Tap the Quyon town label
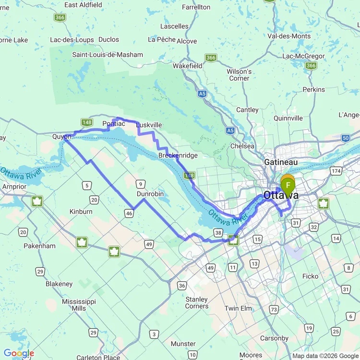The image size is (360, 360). [x=61, y=136]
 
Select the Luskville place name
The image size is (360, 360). [x=149, y=125]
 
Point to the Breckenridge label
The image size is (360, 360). [x=178, y=156]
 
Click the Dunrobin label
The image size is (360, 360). [x=150, y=194]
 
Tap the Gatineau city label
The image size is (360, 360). [x=281, y=162]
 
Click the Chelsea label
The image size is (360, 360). [x=242, y=146]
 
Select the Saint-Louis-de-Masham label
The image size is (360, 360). [x=108, y=54]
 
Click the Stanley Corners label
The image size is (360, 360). [x=197, y=303]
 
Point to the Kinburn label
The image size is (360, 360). [x=81, y=211]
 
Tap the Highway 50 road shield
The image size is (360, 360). [x=346, y=138]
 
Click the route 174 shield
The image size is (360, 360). [x=335, y=171]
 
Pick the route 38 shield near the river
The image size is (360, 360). [x=218, y=232]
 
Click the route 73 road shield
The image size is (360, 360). [x=275, y=310]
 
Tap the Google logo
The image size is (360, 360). [x=19, y=354]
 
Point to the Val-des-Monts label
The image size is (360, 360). [x=289, y=36]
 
